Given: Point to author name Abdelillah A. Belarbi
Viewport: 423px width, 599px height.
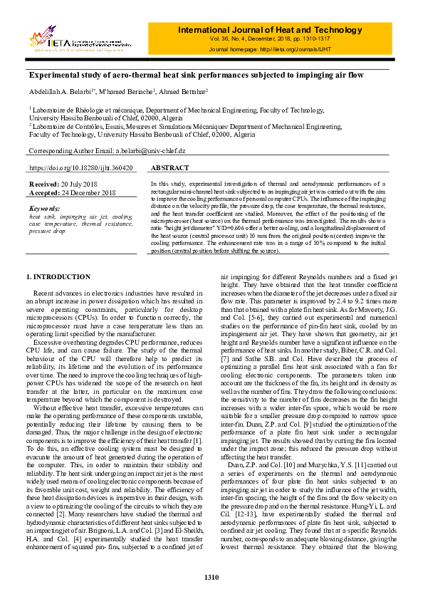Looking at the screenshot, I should click(x=59, y=91).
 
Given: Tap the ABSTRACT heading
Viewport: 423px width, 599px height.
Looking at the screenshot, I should click(x=171, y=168).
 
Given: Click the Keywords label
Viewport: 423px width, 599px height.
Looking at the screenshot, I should click(x=44, y=207).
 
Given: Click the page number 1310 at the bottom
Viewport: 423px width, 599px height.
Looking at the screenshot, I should click(x=211, y=577).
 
